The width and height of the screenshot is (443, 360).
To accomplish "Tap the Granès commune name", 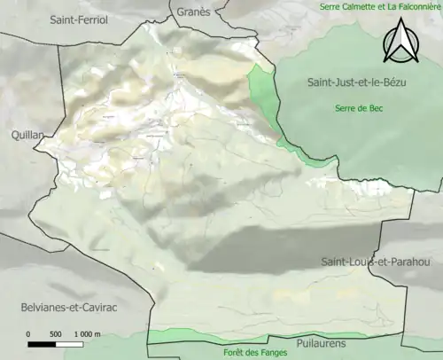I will (193, 12).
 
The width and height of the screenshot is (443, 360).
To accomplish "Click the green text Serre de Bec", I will (359, 108).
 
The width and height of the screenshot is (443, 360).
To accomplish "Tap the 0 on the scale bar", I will (28, 333).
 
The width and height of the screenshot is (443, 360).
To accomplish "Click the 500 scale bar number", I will (55, 333).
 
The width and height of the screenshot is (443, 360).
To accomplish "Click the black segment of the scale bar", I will (42, 343).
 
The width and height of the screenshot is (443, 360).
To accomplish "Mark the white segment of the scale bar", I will (69, 343).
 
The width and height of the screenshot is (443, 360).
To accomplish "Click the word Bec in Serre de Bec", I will (376, 108).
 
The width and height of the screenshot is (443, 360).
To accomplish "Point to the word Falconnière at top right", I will (414, 7).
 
